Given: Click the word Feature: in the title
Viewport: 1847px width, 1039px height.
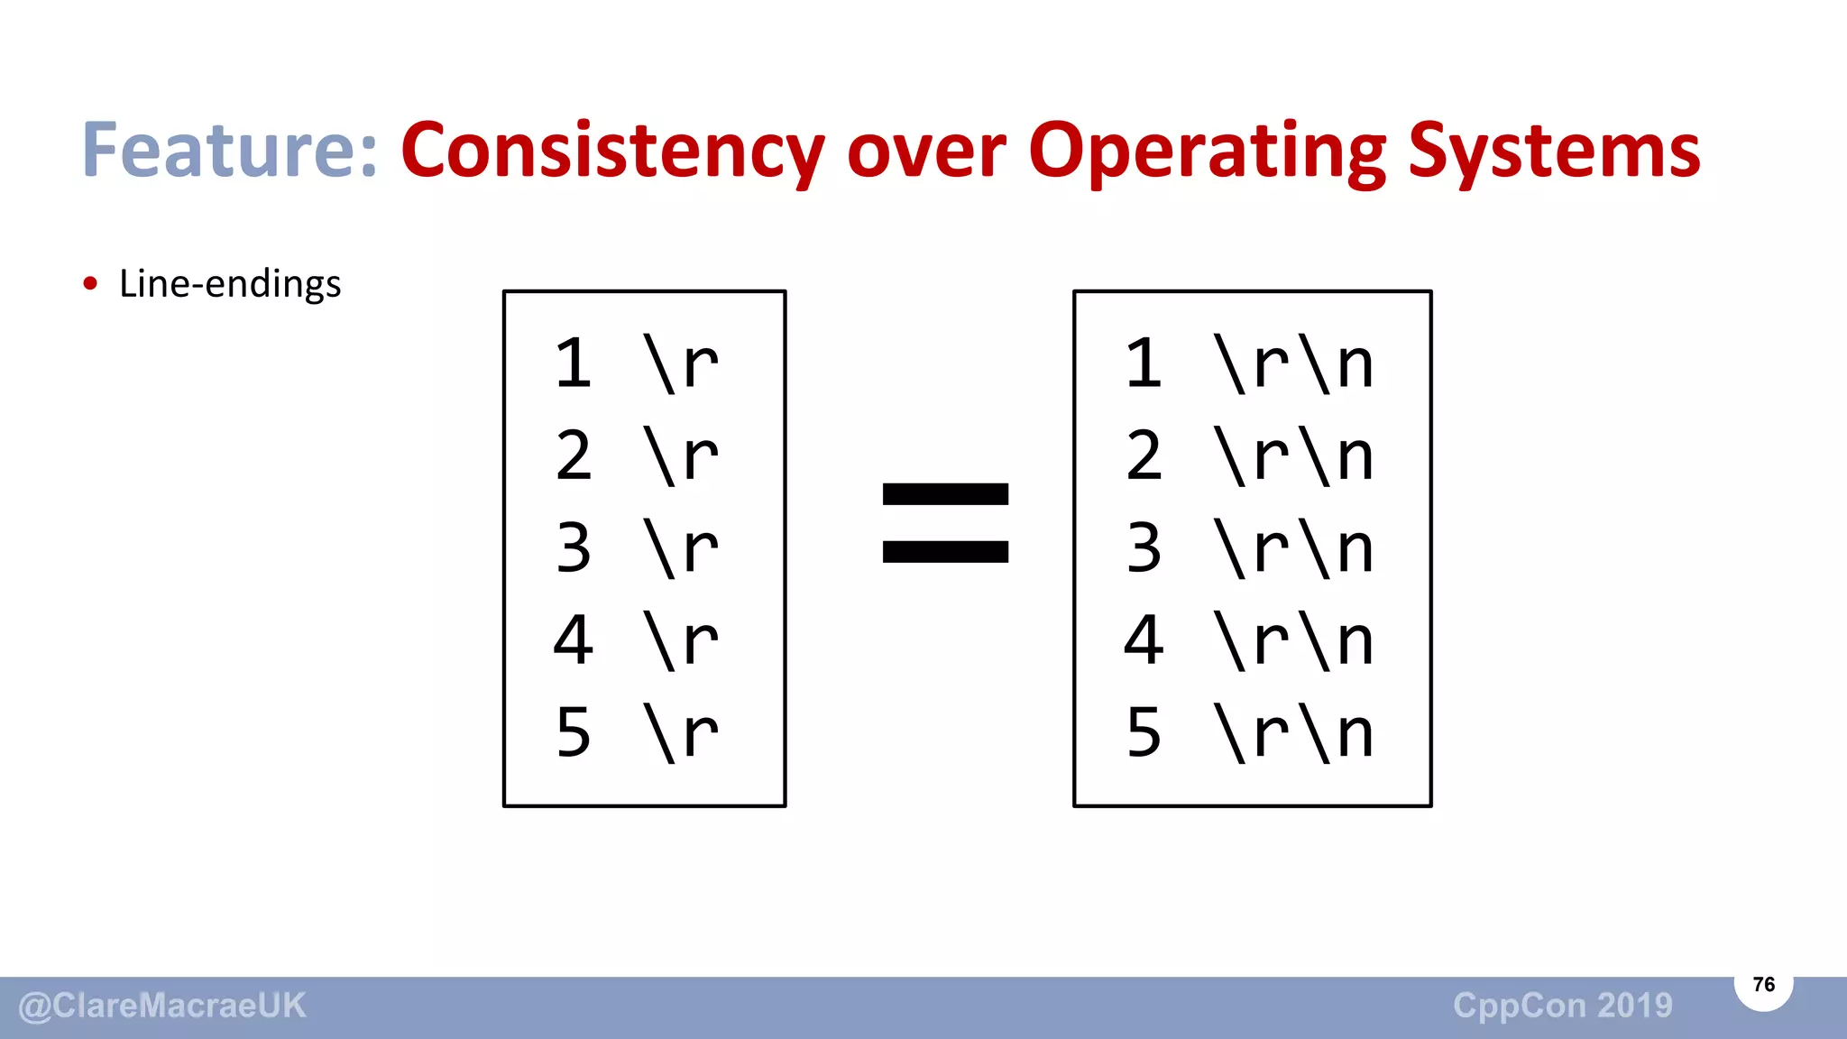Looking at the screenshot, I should [x=230, y=150].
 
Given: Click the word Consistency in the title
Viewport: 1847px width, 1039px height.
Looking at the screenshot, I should [x=611, y=150].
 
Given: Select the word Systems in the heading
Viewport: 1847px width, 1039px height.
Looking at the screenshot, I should [x=1554, y=150].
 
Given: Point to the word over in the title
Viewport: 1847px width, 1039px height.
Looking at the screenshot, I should [x=926, y=152].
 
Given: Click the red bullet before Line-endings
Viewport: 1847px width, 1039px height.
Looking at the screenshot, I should [x=89, y=284].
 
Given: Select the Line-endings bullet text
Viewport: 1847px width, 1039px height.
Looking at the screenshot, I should [x=230, y=284].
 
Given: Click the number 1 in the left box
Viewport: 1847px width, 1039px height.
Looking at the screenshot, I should [x=574, y=363].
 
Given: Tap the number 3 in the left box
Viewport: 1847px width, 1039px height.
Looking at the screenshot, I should [x=574, y=547].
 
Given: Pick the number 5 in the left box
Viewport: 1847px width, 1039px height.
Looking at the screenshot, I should [x=574, y=732].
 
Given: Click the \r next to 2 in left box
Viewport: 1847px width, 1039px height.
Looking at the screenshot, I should [x=681, y=455].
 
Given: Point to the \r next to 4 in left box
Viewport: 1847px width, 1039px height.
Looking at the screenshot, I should [x=681, y=640].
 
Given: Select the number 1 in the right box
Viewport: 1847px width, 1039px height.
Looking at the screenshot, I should [x=1144, y=363].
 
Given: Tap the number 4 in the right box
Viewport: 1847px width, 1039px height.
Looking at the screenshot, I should [x=1144, y=640].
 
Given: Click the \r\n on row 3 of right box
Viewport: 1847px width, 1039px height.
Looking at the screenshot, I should [x=1294, y=547].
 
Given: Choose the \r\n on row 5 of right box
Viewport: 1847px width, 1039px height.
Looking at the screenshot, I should [x=1294, y=732].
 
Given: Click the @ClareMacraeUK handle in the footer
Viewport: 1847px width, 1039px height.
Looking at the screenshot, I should [x=162, y=1006].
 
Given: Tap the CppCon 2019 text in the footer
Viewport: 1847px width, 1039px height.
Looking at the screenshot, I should [x=1563, y=1006].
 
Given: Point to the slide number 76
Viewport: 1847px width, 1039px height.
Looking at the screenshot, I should [x=1763, y=984].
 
